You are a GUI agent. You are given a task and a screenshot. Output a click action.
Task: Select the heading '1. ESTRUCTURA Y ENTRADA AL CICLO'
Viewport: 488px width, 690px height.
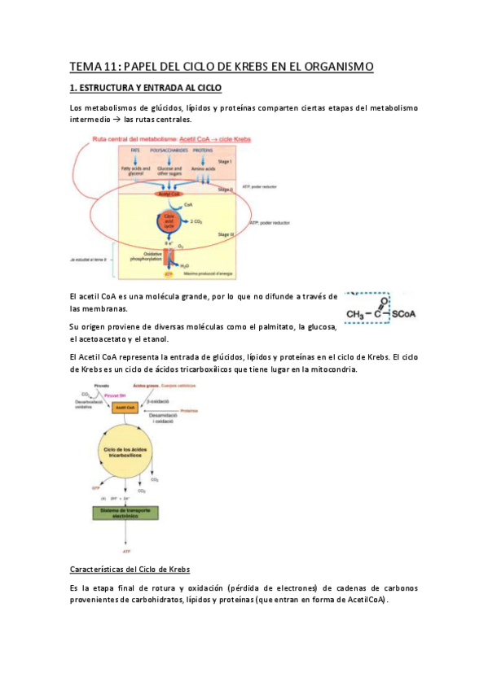145,88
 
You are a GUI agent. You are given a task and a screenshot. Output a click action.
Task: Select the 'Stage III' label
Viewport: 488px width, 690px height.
226,234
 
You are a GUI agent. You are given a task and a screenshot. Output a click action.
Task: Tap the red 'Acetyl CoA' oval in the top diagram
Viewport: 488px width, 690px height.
169,195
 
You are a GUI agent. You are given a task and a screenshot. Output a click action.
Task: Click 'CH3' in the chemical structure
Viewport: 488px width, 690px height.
355,313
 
